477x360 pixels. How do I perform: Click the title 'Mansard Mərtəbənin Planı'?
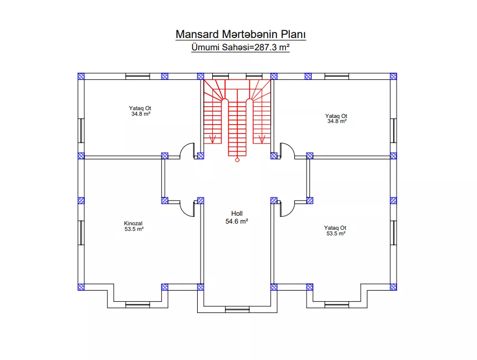pyautogui.click(x=241, y=35)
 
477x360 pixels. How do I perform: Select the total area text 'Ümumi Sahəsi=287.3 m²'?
pyautogui.click(x=240, y=48)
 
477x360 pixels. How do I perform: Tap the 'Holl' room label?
pyautogui.click(x=237, y=214)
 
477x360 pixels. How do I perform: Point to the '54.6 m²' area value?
pyautogui.click(x=237, y=221)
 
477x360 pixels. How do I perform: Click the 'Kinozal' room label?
pyautogui.click(x=133, y=223)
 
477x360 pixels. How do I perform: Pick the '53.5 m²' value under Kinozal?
pyautogui.click(x=134, y=229)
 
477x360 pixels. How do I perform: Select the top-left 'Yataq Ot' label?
pyautogui.click(x=140, y=108)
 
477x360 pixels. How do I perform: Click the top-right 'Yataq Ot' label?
pyautogui.click(x=336, y=116)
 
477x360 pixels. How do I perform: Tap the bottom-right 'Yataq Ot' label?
pyautogui.click(x=335, y=228)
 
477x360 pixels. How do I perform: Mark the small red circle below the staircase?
pyautogui.click(x=237, y=160)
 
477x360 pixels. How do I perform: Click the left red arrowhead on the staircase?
pyautogui.click(x=213, y=139)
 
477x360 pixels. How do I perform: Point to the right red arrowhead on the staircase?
pyautogui.click(x=261, y=139)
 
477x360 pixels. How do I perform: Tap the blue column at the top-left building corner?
pyautogui.click(x=81, y=76)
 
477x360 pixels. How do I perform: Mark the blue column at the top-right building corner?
pyautogui.click(x=393, y=76)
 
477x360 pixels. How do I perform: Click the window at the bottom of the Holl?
pyautogui.click(x=237, y=310)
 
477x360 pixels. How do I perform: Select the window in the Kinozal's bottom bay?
pyautogui.click(x=138, y=305)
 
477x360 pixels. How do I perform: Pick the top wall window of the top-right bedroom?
pyautogui.click(x=337, y=76)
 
